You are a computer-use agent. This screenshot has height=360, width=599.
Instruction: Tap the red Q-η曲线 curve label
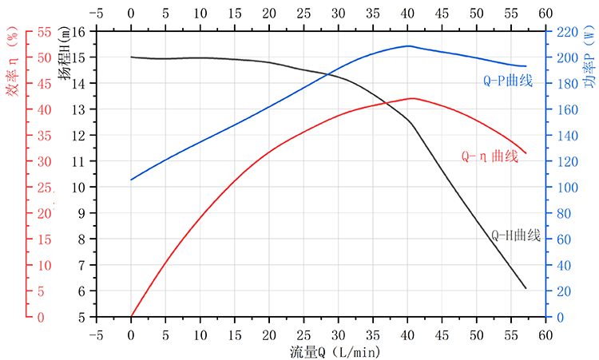pyautogui.click(x=490, y=156)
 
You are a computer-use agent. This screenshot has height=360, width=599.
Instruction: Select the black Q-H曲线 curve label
pyautogui.click(x=516, y=235)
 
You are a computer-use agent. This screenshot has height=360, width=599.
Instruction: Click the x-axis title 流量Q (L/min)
pyautogui.click(x=335, y=350)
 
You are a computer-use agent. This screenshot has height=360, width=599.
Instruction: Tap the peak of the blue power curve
pyautogui.click(x=408, y=45)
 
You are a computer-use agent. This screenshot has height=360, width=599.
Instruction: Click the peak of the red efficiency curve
pyautogui.click(x=412, y=98)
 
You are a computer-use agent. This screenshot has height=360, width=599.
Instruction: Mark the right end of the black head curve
pyautogui.click(x=526, y=288)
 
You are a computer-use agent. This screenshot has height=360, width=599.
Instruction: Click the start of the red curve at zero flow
pyautogui.click(x=131, y=317)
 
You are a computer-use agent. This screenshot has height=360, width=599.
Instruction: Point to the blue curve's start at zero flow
pyautogui.click(x=131, y=180)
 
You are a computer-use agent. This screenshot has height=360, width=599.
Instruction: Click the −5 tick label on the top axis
pyautogui.click(x=97, y=14)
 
